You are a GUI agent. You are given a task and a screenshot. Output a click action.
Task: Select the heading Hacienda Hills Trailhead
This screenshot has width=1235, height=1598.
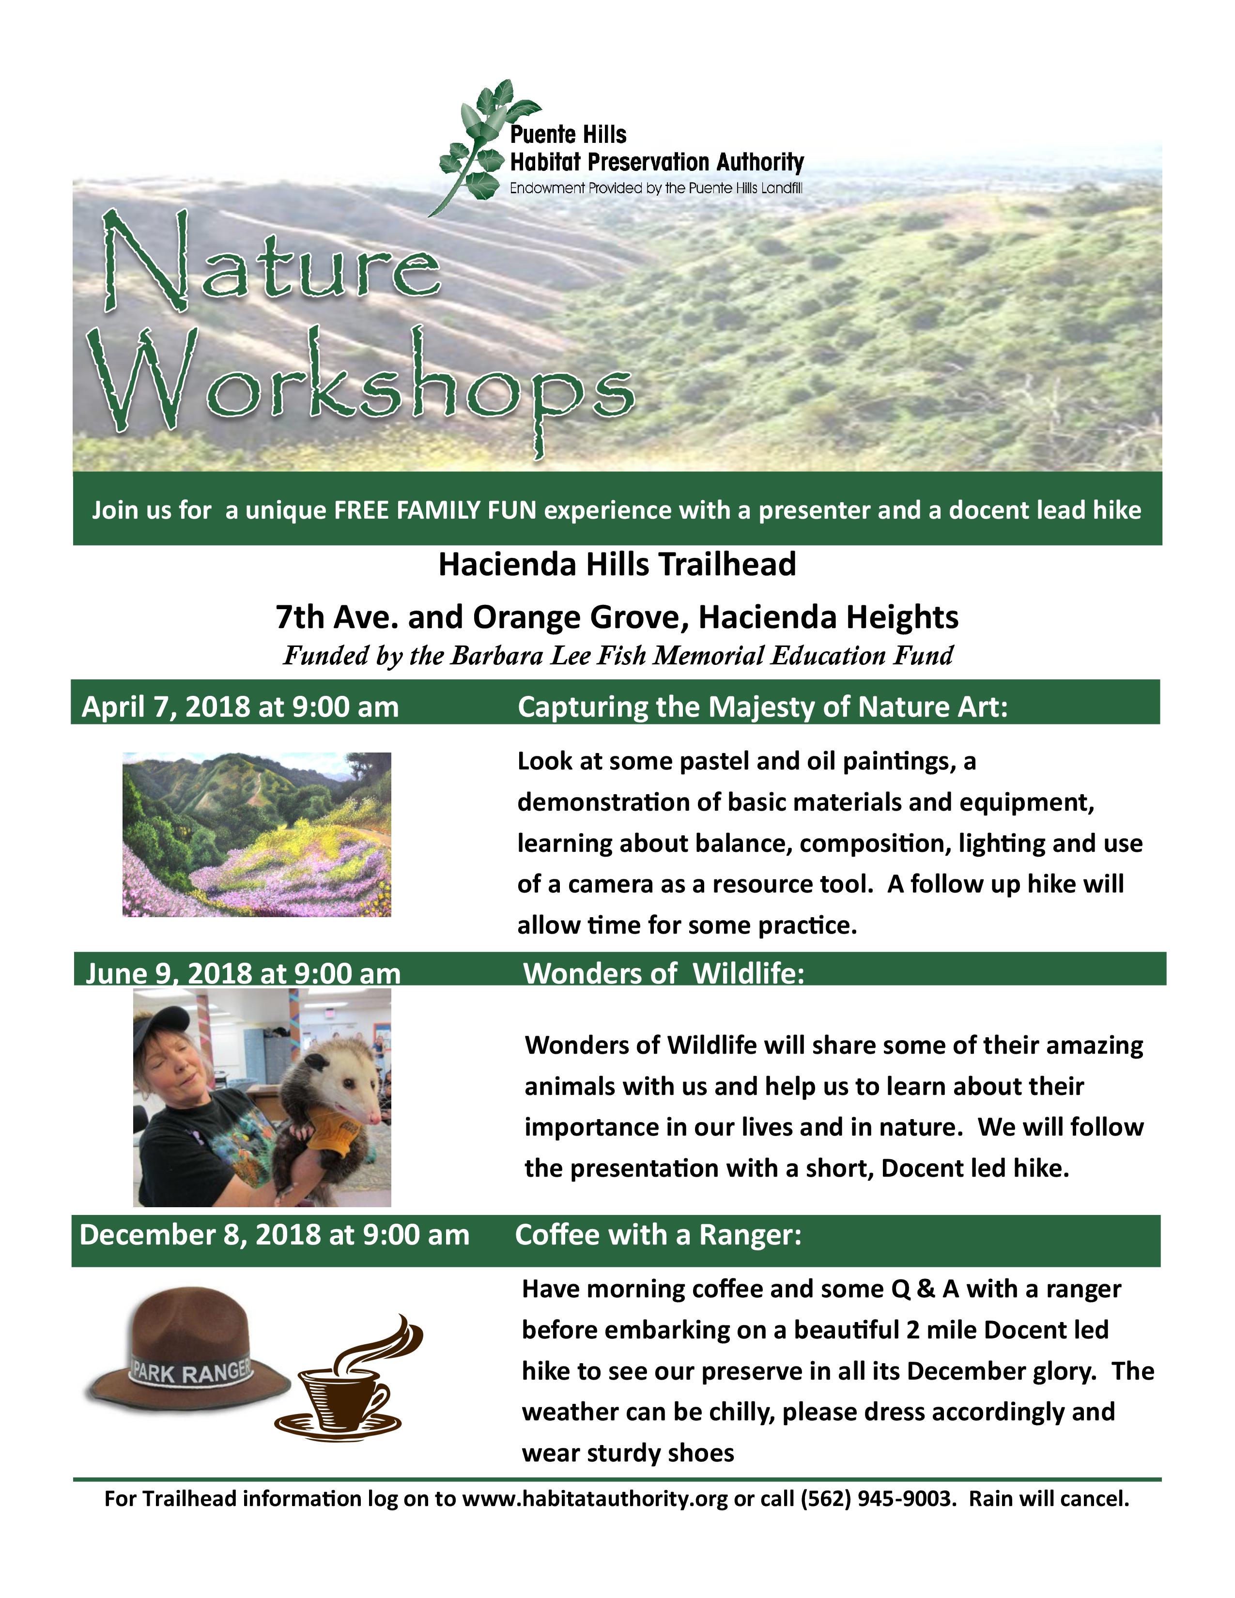tap(617, 565)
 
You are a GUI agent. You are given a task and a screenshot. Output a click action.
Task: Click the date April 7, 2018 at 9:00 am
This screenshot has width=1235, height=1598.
tap(240, 707)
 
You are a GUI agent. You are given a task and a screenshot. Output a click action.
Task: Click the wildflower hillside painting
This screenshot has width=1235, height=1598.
tap(257, 834)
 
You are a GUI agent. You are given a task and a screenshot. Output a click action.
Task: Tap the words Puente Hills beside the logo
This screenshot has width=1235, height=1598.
tap(568, 135)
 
